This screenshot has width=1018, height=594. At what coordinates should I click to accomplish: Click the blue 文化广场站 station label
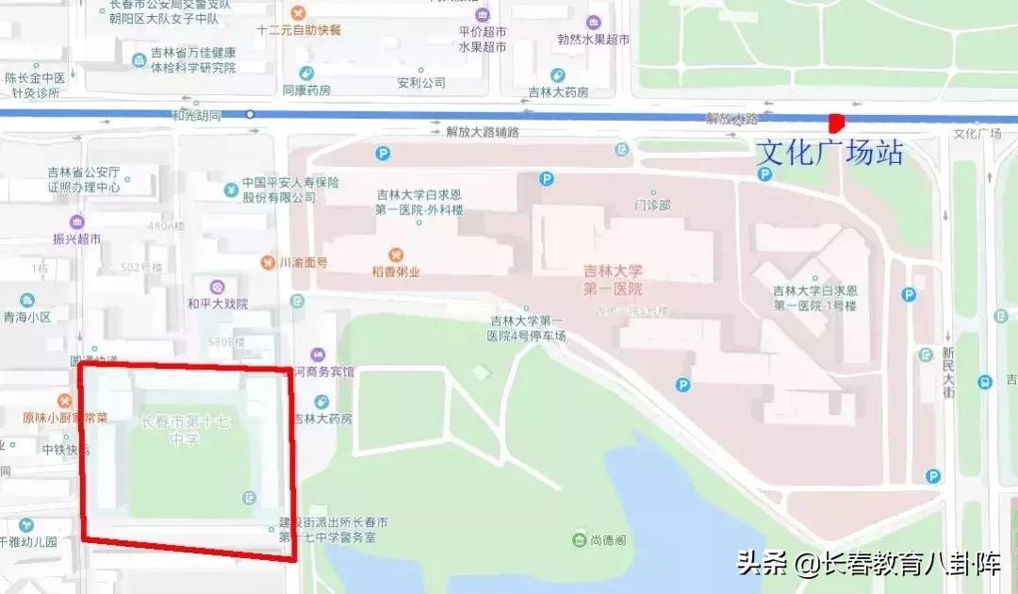coord(829,153)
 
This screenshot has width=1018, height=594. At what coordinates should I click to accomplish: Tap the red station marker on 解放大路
coord(835,123)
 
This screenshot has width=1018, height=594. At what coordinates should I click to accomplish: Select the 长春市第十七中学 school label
coord(185,429)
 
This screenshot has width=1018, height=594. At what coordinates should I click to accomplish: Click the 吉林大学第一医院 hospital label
coord(612,279)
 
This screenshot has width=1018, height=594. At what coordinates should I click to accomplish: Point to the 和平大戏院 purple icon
coord(218,286)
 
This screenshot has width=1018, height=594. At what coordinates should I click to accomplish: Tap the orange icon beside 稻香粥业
coord(396,255)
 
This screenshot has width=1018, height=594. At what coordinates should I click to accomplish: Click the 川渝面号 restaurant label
coord(303,262)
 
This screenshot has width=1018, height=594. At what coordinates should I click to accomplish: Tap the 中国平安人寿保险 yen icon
coord(231,190)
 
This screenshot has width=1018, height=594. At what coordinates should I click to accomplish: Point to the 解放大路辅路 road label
coord(483,132)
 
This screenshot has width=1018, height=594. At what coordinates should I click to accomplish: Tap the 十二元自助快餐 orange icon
coord(298,13)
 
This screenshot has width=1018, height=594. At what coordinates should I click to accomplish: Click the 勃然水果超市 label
coord(593,40)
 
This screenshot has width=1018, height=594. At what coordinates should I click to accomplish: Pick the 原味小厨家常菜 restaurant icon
coord(65,402)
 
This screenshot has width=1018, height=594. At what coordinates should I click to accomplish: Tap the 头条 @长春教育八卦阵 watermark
coord(867,563)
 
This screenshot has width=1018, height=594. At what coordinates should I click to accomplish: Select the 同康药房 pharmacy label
coord(306,91)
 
